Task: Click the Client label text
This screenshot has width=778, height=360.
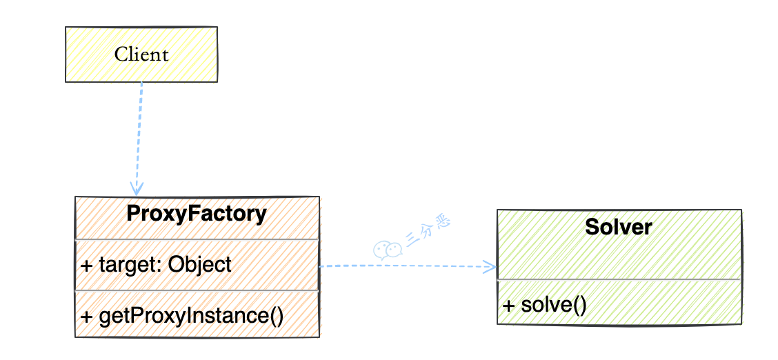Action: pyautogui.click(x=141, y=54)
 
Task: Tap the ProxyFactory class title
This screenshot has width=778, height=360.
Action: pyautogui.click(x=197, y=214)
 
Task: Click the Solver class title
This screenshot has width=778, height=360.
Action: pyautogui.click(x=618, y=226)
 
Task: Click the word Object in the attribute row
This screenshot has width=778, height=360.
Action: pyautogui.click(x=200, y=264)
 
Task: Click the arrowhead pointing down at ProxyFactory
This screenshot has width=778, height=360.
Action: pyautogui.click(x=137, y=188)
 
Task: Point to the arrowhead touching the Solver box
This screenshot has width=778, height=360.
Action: pyautogui.click(x=490, y=266)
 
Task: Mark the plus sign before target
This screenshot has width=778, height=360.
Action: pyautogui.click(x=87, y=265)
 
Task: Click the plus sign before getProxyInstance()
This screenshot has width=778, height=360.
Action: pyautogui.click(x=87, y=317)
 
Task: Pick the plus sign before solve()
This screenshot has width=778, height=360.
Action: pyautogui.click(x=509, y=305)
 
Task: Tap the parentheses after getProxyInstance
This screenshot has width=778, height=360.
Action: pyautogui.click(x=275, y=316)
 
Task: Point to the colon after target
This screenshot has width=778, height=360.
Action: pyautogui.click(x=161, y=266)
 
